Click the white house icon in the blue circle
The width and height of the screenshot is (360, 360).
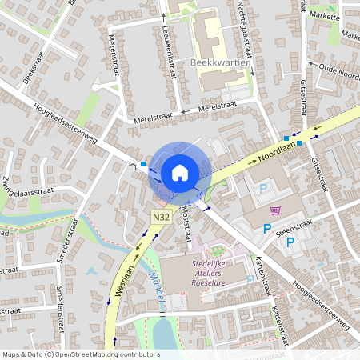coord(180,173)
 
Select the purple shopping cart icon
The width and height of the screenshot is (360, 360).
coord(275,211)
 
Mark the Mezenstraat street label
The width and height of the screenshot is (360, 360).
coord(115,55)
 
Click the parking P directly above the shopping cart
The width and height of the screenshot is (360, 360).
coord(264,189)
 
